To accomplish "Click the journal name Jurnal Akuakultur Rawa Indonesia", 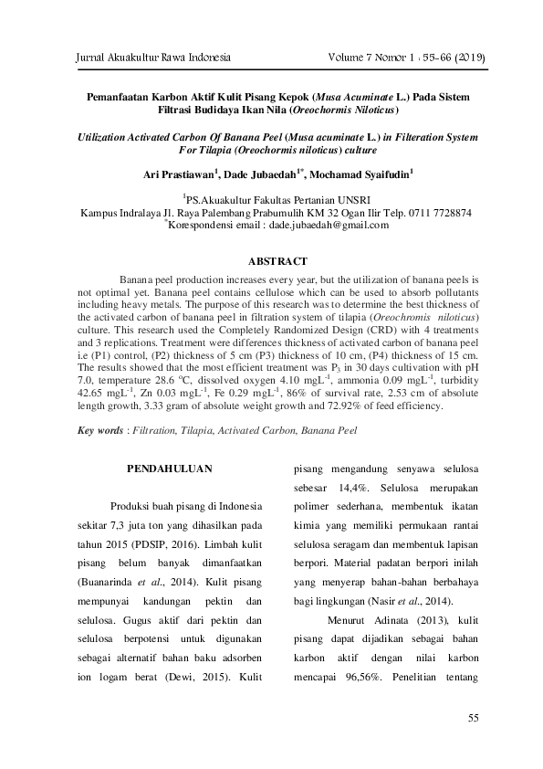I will (x=145, y=58).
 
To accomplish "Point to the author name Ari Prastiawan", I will (x=177, y=173).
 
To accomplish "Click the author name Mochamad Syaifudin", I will (x=363, y=173).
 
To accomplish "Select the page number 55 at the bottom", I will (x=473, y=719).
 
